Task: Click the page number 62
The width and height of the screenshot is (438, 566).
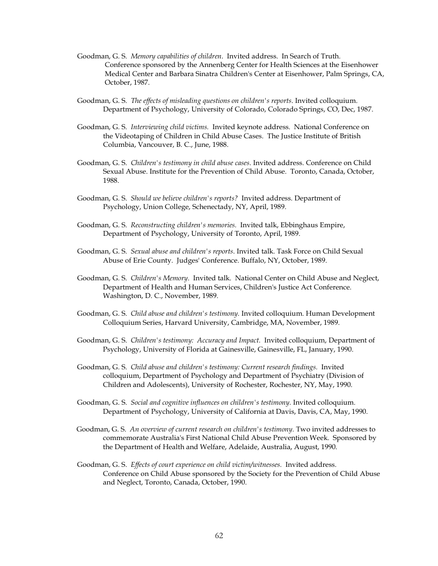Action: pyautogui.click(x=218, y=535)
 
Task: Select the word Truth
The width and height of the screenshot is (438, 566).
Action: pyautogui.click(x=330, y=56)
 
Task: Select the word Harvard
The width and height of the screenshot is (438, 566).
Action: pyautogui.click(x=180, y=322)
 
